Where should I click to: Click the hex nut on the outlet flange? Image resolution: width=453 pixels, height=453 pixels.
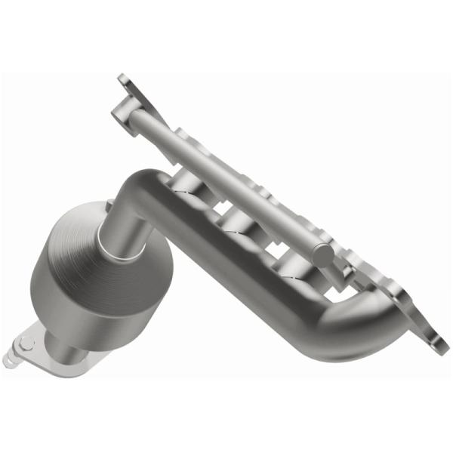point(28,344)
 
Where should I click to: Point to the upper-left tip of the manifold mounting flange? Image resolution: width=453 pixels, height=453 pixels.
point(123,79)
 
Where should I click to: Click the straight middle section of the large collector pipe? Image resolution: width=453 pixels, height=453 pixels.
point(249,264)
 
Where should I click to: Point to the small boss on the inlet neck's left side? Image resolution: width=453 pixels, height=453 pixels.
point(110,205)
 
